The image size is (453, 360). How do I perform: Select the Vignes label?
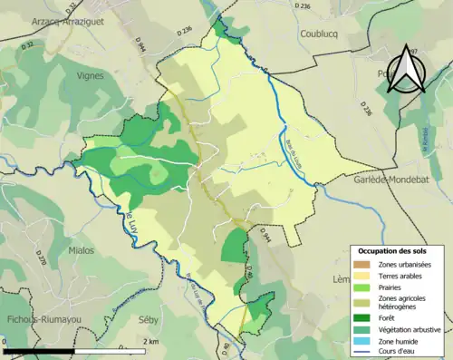pos(92,77)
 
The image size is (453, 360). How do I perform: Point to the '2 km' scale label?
pos(152,341)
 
